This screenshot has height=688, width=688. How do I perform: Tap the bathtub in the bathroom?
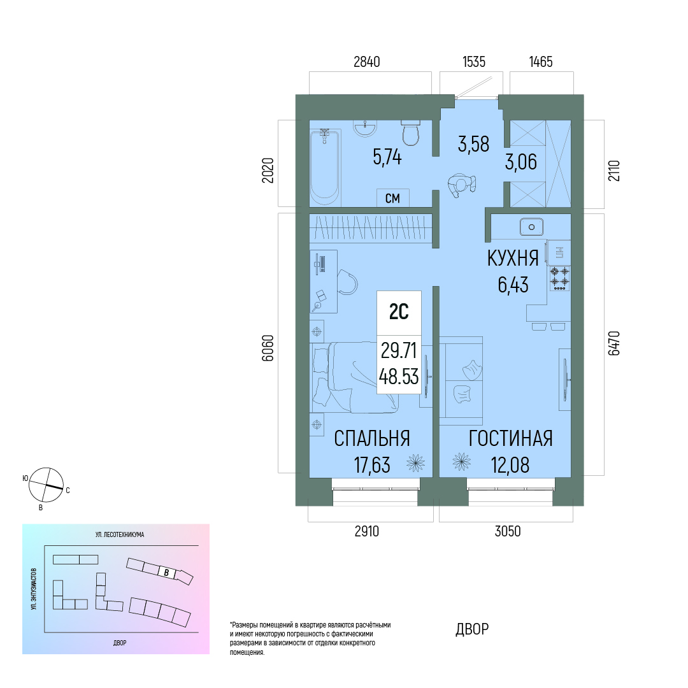[325, 167]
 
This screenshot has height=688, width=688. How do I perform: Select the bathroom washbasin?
[365, 128]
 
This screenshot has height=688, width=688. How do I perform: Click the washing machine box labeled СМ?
[392, 198]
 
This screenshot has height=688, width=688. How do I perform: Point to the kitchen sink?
[531, 227]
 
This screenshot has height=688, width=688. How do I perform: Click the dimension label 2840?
[367, 62]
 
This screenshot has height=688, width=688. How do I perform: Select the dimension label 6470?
[614, 343]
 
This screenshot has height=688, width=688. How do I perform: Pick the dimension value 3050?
[508, 531]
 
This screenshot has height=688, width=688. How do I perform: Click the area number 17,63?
[372, 465]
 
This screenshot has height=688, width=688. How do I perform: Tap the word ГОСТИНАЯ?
[511, 438]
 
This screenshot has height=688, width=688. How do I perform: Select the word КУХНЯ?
[513, 259]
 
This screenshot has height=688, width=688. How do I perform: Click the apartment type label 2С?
[399, 312]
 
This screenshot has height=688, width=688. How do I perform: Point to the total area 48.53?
[399, 376]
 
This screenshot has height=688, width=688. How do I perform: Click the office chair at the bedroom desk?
[348, 282]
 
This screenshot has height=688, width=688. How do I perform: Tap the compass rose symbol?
[46, 485]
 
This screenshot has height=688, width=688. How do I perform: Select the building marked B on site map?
[167, 573]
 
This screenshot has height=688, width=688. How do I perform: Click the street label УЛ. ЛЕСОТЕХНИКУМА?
[120, 534]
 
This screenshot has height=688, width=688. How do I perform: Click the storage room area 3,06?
[521, 162]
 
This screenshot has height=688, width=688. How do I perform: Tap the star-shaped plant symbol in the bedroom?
[415, 462]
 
